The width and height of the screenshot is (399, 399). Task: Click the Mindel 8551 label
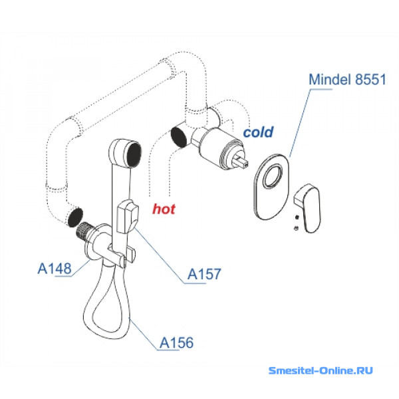(347, 79)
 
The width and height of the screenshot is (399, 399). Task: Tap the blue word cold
(258, 132)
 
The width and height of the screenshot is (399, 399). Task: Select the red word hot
(164, 209)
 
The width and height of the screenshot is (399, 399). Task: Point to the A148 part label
(55, 269)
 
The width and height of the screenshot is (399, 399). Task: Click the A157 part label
(204, 274)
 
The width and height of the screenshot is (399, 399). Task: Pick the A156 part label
(176, 342)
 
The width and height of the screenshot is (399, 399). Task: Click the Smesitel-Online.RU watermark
(321, 370)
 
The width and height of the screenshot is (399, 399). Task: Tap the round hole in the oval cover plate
(273, 176)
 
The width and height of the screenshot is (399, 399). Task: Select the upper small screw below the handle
(297, 217)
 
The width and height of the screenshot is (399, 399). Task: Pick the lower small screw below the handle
(296, 228)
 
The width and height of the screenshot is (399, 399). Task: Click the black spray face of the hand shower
(134, 155)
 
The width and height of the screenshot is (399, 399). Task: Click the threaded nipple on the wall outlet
(84, 231)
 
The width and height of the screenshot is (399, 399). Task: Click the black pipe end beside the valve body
(179, 137)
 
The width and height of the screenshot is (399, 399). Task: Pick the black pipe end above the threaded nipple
(74, 217)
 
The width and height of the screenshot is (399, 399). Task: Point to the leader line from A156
(143, 334)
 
